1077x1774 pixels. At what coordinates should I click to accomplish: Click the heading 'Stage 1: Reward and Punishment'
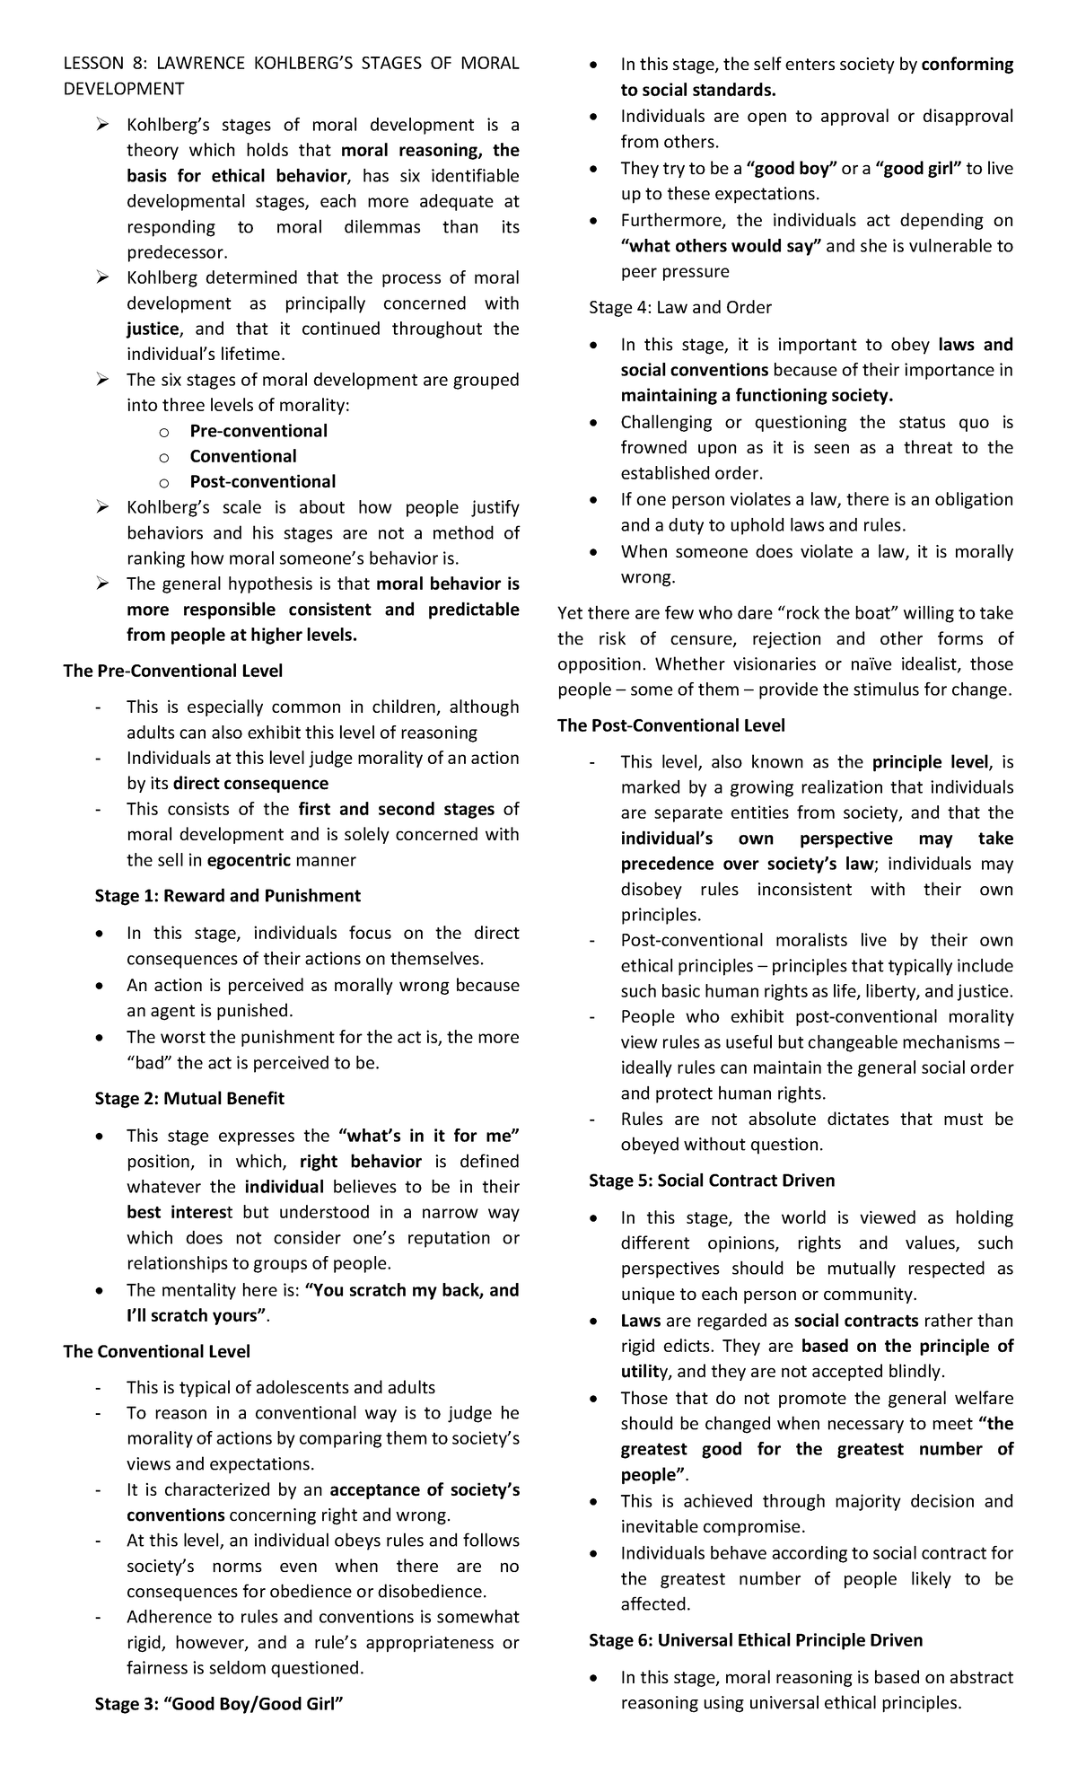227,896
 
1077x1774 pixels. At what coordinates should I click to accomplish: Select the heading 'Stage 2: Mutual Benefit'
188,1099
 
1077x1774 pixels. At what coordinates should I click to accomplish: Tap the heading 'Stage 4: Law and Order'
679,308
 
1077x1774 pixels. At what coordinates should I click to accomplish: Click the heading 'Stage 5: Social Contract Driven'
711,1181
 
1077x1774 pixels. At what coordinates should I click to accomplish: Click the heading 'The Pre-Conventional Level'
172,671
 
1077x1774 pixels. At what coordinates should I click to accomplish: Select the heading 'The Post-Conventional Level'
670,725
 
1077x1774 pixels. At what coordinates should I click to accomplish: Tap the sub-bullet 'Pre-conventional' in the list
258,431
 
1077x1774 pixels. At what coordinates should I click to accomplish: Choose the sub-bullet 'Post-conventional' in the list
262,482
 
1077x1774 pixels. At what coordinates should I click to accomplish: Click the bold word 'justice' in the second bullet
153,329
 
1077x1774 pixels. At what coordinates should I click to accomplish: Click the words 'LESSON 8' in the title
100,63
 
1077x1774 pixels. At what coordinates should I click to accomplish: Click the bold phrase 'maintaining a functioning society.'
757,396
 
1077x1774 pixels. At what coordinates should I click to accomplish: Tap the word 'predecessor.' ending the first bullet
177,253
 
